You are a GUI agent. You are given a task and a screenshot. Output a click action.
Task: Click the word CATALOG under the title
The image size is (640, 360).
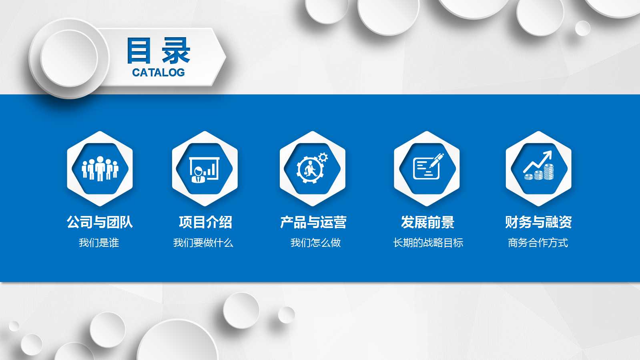158,72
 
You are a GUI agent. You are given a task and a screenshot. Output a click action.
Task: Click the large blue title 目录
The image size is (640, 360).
158,51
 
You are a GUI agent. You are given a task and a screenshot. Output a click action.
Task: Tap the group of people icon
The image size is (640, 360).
100,168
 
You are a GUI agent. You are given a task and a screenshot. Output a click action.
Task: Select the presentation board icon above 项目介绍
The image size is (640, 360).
205,168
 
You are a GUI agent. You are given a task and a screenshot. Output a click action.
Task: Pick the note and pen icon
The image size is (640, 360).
427,167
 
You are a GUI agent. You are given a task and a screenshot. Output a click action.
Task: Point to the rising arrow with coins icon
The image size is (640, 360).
539,166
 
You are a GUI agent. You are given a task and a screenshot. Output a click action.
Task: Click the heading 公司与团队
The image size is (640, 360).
100,222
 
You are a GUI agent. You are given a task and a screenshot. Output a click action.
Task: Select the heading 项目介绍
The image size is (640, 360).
205,222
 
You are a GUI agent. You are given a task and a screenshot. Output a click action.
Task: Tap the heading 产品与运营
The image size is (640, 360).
313,222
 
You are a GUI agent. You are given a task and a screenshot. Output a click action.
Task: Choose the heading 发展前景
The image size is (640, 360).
427,222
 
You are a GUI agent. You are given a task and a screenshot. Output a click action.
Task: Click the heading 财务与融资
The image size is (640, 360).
538,222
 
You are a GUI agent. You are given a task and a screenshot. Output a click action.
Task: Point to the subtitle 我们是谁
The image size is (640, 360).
99,243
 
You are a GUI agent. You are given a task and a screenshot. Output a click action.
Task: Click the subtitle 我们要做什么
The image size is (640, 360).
203,243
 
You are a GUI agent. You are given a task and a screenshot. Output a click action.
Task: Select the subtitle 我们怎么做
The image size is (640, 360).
315,243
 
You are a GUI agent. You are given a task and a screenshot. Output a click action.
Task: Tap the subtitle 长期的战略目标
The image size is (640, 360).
428,243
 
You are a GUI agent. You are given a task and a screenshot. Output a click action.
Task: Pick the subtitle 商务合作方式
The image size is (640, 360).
538,243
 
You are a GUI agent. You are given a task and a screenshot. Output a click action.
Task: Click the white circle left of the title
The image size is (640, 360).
69,58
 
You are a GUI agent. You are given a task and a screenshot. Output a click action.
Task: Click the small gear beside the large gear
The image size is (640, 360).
323,157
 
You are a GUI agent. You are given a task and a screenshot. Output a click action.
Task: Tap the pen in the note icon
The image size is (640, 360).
436,160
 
